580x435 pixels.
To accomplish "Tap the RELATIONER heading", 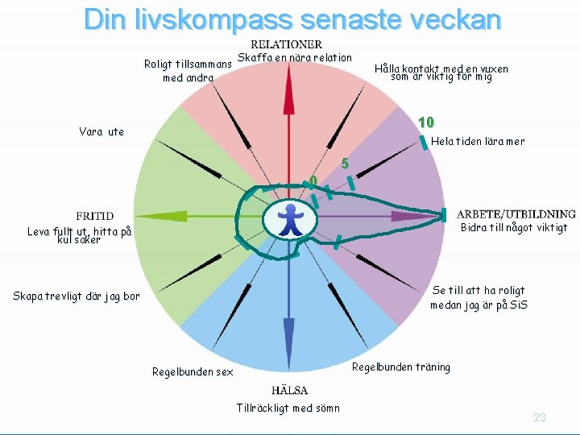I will point(287,45).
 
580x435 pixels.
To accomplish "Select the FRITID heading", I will point(94,216).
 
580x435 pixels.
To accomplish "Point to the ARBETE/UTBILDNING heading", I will point(516,214).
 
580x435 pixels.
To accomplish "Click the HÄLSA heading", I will point(289,391).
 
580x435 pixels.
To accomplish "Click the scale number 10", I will point(426,122).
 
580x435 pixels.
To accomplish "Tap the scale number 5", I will point(344,164).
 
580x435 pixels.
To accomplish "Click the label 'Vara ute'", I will point(101,131).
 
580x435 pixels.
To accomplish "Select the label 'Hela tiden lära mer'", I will point(478,142).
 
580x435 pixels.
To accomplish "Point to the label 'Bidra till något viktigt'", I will point(514,228).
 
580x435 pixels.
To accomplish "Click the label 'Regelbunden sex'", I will point(193,372).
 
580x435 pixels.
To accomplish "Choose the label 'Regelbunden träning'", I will point(401,367).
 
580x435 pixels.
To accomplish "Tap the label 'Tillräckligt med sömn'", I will point(288,408).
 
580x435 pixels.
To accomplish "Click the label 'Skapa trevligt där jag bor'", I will point(76,296).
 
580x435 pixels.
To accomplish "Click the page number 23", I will point(539,417).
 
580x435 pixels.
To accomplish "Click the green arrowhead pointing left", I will point(153,216).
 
